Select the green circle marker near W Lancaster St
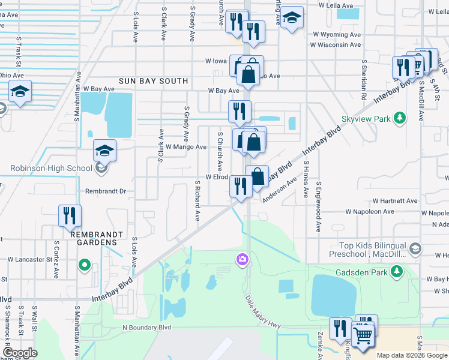point(85,264)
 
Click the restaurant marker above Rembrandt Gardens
point(70,215)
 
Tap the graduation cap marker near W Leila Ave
point(292,19)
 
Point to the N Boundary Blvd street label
point(146,328)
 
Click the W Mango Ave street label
point(186,146)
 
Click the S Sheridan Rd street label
point(364,79)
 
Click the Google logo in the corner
point(20,353)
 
